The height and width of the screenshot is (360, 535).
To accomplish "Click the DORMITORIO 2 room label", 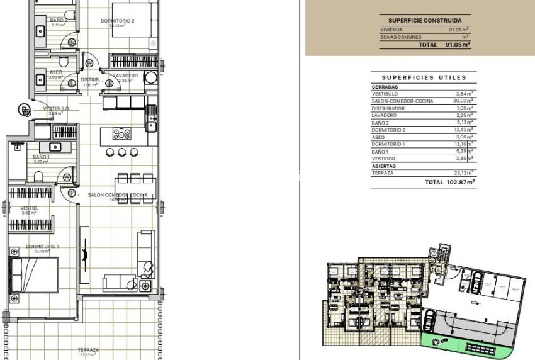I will pyautogui.click(x=118, y=21).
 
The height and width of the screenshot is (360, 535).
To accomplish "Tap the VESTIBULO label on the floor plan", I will pyautogui.click(x=56, y=108).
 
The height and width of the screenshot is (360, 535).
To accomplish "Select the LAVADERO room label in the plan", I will pyautogui.click(x=126, y=76).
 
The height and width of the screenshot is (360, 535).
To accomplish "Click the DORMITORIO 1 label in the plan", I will pyautogui.click(x=43, y=246).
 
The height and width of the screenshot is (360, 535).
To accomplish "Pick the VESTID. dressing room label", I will pyautogui.click(x=29, y=208).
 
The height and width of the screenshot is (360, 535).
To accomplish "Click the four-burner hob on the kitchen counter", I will pyautogui.click(x=121, y=133).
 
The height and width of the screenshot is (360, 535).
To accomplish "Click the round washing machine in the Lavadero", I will pyautogui.click(x=151, y=77).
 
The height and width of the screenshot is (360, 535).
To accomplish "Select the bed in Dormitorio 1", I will pyautogui.click(x=36, y=275).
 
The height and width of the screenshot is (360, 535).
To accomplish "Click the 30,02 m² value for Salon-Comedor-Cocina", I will pyautogui.click(x=463, y=101).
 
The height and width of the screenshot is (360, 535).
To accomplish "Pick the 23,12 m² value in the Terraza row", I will pyautogui.click(x=464, y=172).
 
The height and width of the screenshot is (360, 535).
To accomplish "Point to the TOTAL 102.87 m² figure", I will pyautogui.click(x=450, y=182).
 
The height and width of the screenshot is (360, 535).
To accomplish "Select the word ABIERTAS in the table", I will pyautogui.click(x=385, y=166).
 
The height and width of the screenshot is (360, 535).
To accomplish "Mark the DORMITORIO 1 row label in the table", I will pyautogui.click(x=390, y=144).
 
